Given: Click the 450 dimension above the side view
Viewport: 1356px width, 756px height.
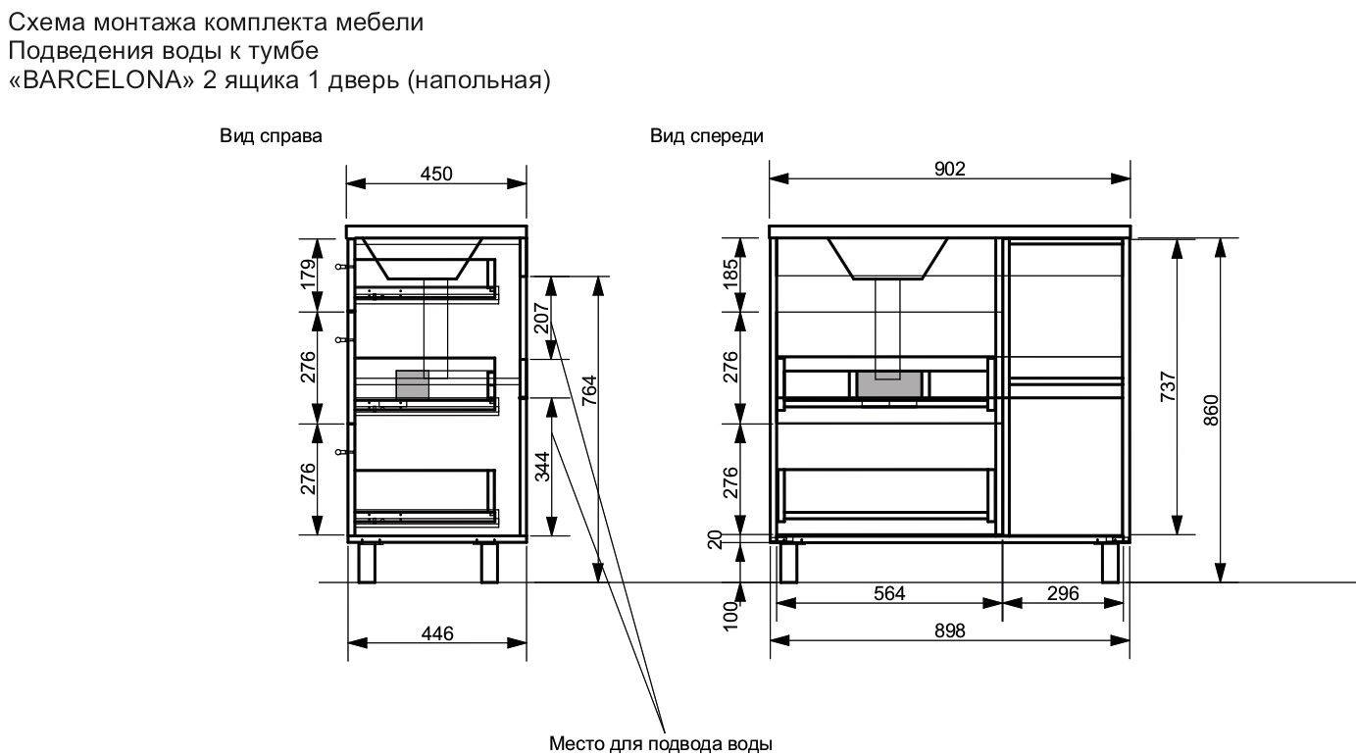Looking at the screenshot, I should (436, 174).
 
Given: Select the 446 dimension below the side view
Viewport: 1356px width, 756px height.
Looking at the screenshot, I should (437, 633).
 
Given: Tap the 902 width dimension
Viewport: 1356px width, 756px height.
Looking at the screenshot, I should (949, 169).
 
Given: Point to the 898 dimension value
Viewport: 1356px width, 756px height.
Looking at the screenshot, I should (949, 631).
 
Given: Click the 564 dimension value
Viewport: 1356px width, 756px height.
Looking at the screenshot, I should (888, 593).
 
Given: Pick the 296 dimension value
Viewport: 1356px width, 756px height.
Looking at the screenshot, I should (1063, 593).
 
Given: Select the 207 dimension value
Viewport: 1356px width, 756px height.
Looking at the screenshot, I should (541, 319).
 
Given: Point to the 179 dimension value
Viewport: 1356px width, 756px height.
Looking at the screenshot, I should (307, 274).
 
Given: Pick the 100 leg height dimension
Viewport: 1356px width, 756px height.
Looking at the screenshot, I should (729, 616).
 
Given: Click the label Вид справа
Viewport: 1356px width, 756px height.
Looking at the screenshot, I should (271, 137).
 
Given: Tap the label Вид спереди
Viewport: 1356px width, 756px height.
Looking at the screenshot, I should (706, 137).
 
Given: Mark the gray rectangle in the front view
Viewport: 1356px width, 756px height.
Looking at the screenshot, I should (889, 385).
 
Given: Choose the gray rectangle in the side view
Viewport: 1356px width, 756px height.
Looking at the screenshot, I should (412, 383).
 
